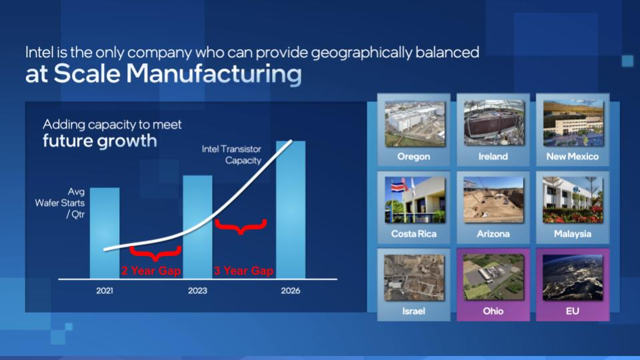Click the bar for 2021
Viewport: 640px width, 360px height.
pos(105,233)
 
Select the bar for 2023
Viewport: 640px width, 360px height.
pos(197,227)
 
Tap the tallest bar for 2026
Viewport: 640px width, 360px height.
pos(291,210)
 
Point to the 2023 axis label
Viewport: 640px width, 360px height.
pos(197,291)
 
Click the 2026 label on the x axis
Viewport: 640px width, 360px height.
pos(291,291)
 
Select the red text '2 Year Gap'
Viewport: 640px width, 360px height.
pos(151,271)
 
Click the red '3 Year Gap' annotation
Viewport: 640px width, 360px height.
pos(244,271)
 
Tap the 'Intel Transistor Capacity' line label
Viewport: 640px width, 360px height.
pos(231,155)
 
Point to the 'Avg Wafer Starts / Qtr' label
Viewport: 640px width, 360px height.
pos(60,203)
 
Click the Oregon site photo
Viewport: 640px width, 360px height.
pos(415,124)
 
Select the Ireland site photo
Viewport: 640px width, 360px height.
pos(494,123)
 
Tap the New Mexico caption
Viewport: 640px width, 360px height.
pos(573,156)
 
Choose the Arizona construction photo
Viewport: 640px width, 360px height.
pos(494,200)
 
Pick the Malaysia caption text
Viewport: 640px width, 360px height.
pos(573,234)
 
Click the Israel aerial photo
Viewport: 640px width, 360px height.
pos(414,277)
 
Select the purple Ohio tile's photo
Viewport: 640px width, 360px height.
pos(494,277)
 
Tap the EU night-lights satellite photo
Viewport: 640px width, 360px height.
pos(573,277)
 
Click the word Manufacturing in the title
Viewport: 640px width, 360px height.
pos(214,74)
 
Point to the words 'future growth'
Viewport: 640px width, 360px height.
pos(100,141)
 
